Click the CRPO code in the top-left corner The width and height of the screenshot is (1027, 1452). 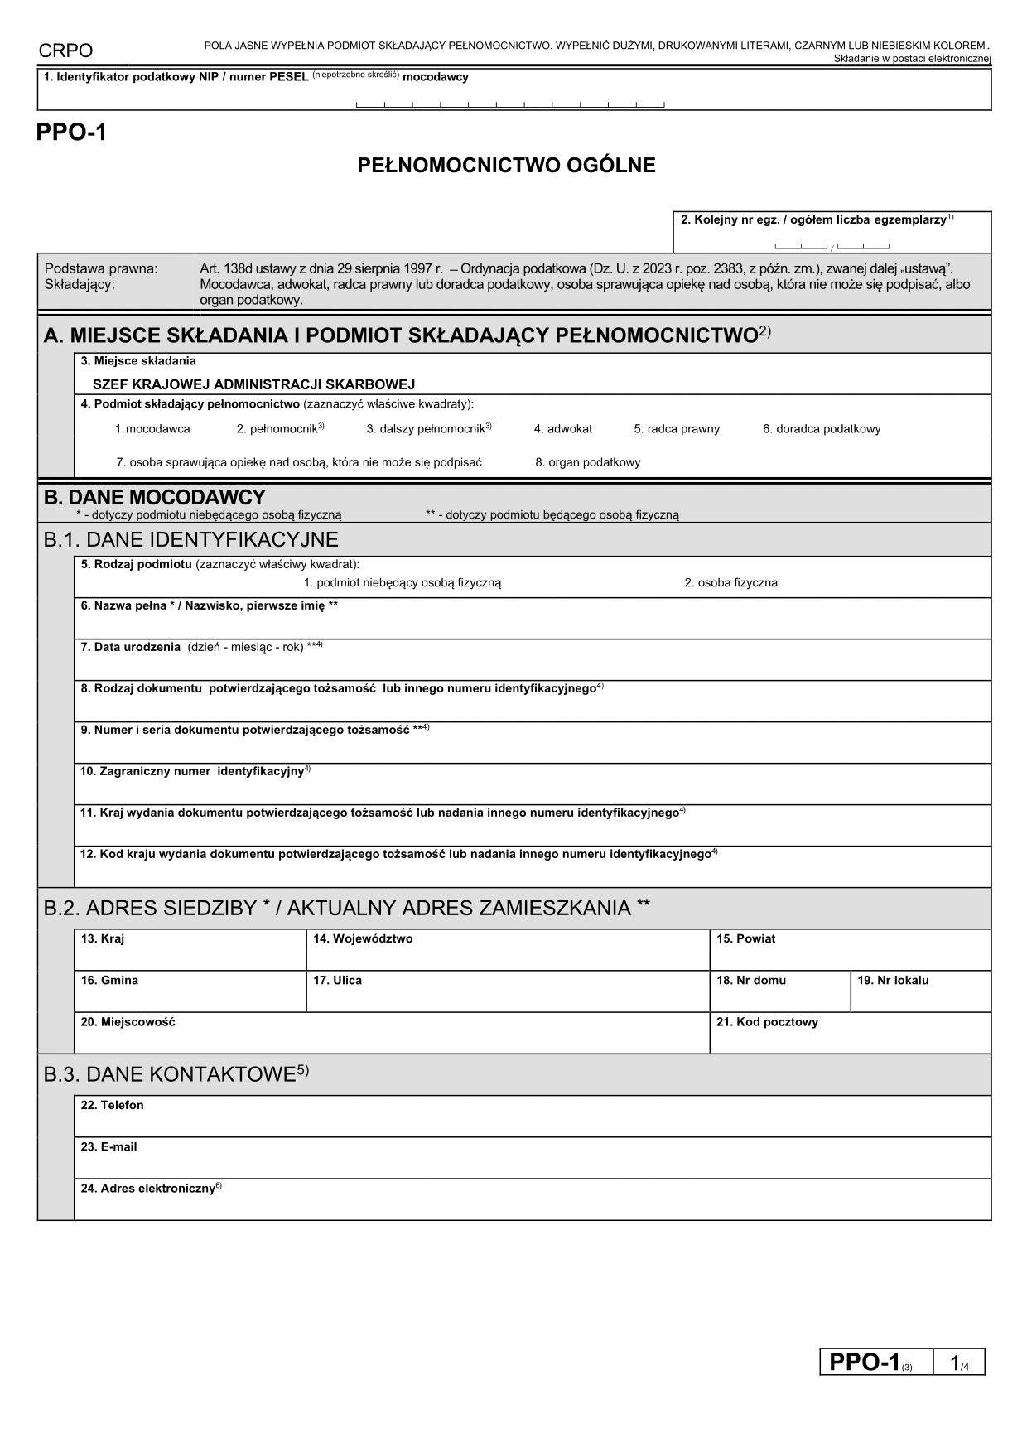pos(65,51)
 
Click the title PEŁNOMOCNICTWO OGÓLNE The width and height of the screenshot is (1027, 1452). pos(506,166)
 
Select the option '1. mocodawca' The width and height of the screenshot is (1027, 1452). pos(152,429)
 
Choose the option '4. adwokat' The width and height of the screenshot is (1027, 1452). pos(563,429)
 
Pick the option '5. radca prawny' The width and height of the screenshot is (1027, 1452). pos(677,429)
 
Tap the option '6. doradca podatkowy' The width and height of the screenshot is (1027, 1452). pos(822,429)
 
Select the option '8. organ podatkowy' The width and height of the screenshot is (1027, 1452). pos(587,462)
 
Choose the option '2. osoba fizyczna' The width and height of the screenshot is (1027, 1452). pos(730,582)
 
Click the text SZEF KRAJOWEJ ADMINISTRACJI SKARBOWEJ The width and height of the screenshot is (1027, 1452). pos(253,384)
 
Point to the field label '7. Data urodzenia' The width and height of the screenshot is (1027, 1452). pos(130,647)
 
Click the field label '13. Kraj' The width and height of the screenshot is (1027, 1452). pos(103,938)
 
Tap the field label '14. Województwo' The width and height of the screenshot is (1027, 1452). pos(363,938)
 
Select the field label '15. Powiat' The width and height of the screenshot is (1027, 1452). pos(745,938)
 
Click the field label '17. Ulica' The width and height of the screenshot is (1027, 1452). pos(337,980)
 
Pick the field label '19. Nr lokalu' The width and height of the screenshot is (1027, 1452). pos(893,980)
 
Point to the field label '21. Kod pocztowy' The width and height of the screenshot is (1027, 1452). pos(767,1022)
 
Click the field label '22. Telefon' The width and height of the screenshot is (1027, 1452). pos(112,1105)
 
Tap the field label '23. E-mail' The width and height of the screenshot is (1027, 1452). pos(108,1147)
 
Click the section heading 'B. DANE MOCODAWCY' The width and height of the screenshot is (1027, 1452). pos(154,497)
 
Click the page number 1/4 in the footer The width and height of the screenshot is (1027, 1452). pos(959,1363)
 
